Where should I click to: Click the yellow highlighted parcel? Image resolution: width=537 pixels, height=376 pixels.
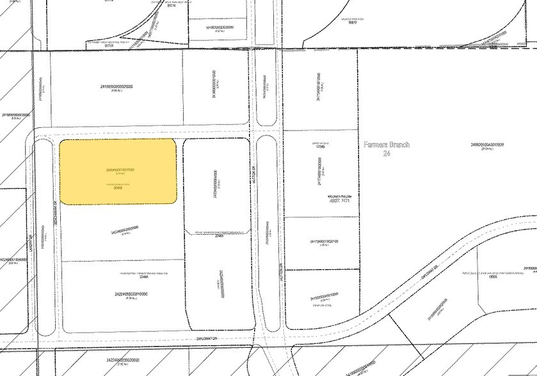coord(118,171)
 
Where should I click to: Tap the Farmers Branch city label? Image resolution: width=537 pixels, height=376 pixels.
coord(387,145)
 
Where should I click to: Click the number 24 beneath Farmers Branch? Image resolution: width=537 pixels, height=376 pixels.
coord(386,153)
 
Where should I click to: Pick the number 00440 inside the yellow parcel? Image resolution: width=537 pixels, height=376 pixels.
coord(118,187)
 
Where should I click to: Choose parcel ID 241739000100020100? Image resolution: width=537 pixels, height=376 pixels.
coord(324,242)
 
